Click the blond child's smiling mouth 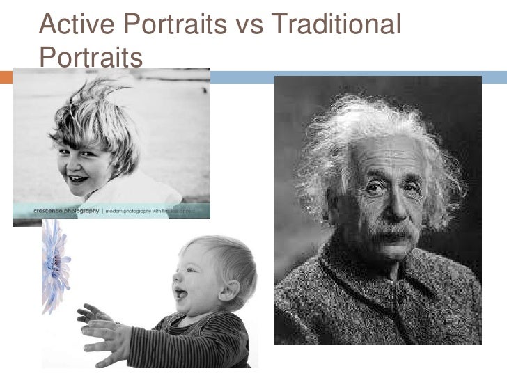click(x=78, y=180)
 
